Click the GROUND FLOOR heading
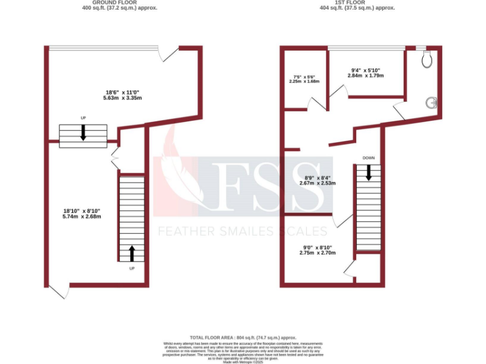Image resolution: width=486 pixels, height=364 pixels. tap(120, 3)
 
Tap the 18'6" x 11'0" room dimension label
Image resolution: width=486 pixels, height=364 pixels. tap(123, 95)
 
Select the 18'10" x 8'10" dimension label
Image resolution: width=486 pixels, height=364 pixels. tap(82, 214)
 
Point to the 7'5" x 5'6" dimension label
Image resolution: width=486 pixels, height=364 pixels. tap(304, 79)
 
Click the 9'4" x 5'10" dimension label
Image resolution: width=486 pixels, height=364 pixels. tap(366, 73)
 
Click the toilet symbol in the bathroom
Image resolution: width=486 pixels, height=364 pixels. tap(429, 59)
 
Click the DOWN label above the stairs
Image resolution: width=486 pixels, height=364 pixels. tap(370, 157)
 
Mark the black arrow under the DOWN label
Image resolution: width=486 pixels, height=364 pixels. tap(370, 173)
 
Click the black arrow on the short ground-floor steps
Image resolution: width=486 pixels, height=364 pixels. tap(82, 133)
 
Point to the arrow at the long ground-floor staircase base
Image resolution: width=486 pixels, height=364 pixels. tap(132, 253)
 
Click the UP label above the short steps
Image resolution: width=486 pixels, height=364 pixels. tap(83, 118)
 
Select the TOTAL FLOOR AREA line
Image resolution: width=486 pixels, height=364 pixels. tap(242, 338)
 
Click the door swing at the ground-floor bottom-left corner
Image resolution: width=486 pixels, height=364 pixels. tap(58, 291)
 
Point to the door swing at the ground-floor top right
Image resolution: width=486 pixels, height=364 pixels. tap(168, 54)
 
